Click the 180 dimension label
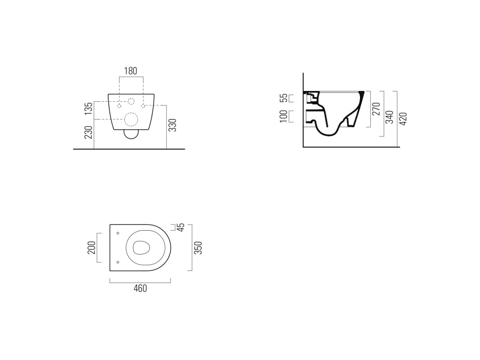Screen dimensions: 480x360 (x=131, y=71)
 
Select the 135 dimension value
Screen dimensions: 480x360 (x=89, y=109)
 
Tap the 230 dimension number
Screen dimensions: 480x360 (x=89, y=132)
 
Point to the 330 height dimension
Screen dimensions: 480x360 (x=173, y=125)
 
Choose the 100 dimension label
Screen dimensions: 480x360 (x=284, y=116)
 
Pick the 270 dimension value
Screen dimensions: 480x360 (x=376, y=109)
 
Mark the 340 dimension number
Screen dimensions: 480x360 (x=390, y=117)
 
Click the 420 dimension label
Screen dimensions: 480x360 (x=404, y=119)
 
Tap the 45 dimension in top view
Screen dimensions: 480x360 (x=181, y=227)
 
